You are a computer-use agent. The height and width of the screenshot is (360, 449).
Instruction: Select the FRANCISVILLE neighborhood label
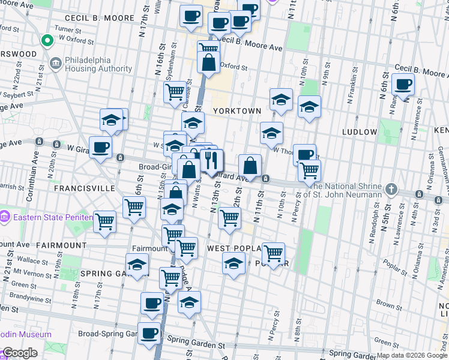(x=84, y=188)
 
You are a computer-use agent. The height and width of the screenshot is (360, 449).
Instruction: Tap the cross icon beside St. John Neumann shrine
(x=391, y=189)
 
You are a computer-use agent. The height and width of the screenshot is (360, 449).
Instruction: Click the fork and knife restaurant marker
(x=210, y=160)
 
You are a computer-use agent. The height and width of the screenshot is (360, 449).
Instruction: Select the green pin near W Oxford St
(x=46, y=41)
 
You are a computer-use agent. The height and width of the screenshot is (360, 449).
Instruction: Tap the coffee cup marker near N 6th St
(x=403, y=85)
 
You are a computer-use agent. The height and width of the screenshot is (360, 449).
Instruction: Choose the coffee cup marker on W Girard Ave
(x=100, y=148)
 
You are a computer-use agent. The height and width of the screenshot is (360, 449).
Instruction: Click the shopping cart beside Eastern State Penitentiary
(x=105, y=221)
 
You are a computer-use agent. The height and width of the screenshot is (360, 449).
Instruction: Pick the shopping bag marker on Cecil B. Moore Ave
(x=208, y=63)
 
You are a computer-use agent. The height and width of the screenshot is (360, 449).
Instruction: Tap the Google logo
(x=20, y=353)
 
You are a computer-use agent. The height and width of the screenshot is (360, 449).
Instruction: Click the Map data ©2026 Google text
(x=412, y=355)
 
